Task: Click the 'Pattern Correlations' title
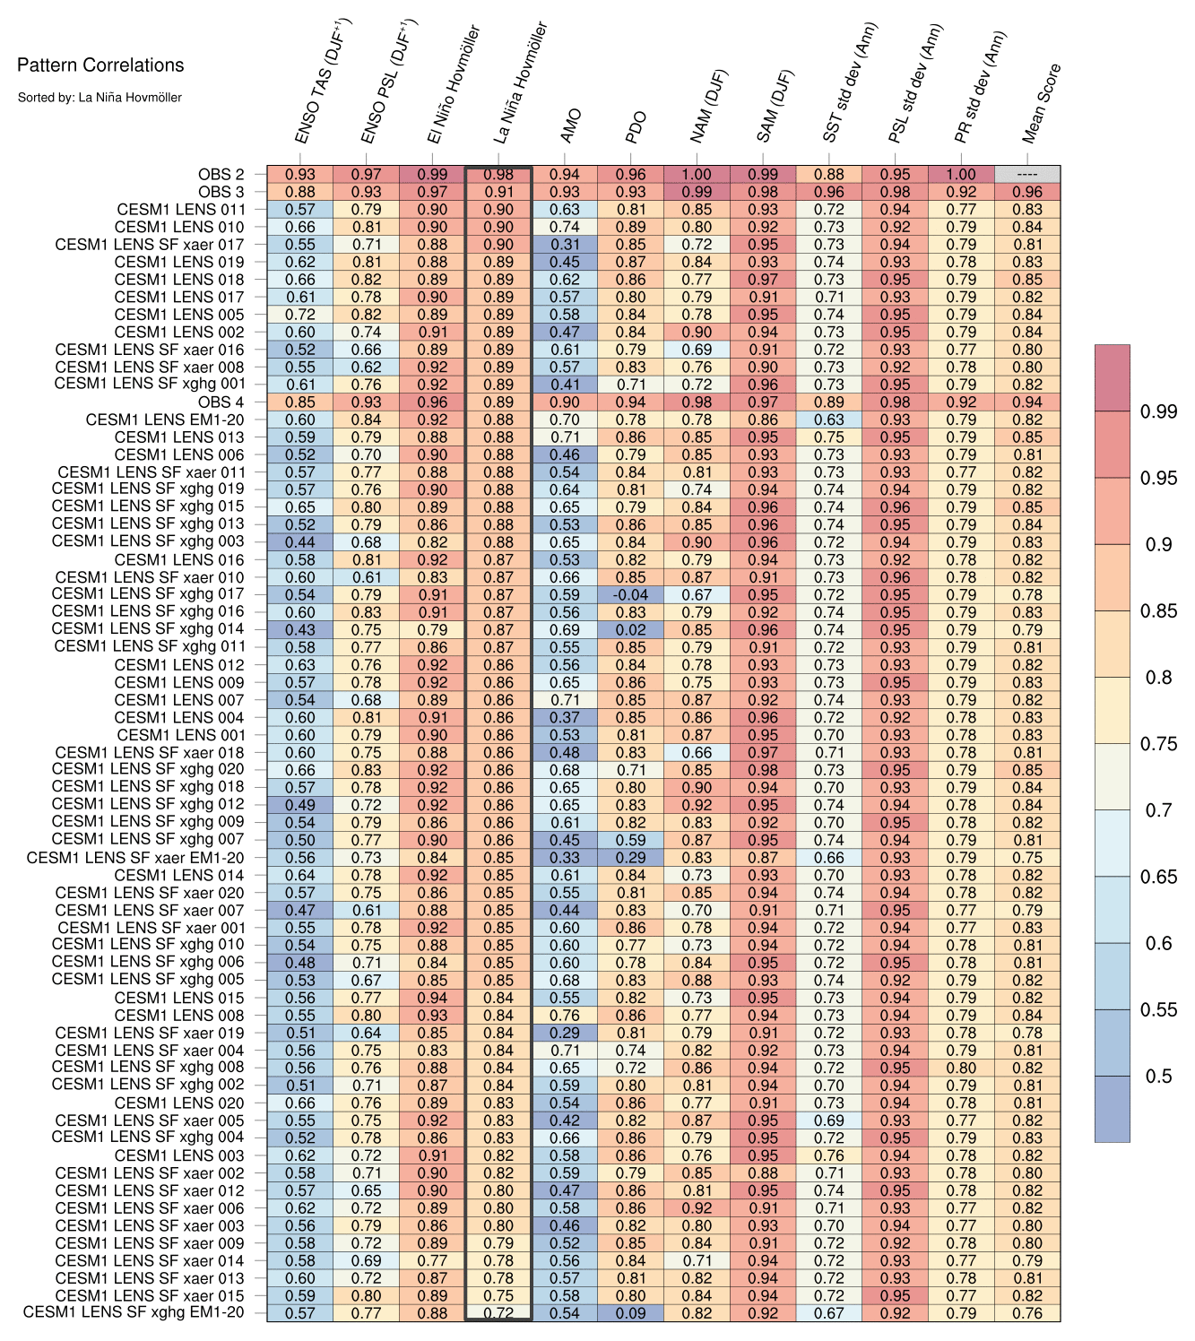click(x=100, y=65)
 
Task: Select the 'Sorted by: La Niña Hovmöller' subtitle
click(x=100, y=97)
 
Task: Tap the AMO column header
click(x=571, y=125)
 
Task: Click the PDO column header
click(x=636, y=127)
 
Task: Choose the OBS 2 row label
click(x=221, y=175)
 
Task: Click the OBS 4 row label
click(x=221, y=402)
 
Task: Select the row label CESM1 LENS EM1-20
click(x=165, y=420)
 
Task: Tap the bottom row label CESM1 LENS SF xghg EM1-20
click(x=134, y=1313)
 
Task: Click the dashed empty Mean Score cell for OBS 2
click(x=1027, y=175)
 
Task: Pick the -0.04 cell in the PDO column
click(x=630, y=595)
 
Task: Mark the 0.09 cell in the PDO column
click(x=630, y=1313)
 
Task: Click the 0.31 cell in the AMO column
click(x=565, y=245)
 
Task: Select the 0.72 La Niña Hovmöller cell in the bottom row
click(x=498, y=1313)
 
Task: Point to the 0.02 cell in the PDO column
click(x=630, y=630)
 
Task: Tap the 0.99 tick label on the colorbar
click(x=1158, y=411)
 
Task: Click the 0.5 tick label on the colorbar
click(x=1158, y=1076)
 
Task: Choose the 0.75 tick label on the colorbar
click(x=1158, y=744)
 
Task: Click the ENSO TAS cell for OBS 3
click(x=300, y=192)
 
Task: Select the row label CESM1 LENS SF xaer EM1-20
click(x=135, y=858)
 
